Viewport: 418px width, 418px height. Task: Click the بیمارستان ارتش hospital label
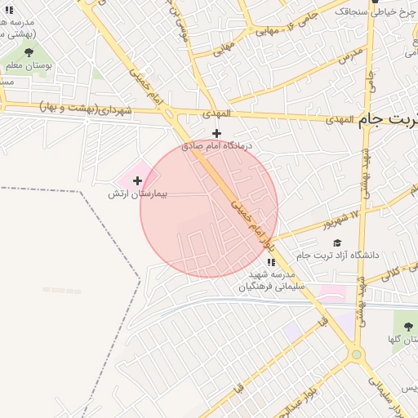tap(138, 195)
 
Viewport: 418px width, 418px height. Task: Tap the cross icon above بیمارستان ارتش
tap(137, 180)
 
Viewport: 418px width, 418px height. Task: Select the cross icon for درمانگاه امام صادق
tap(216, 133)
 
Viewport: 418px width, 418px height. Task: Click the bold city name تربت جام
tap(389, 119)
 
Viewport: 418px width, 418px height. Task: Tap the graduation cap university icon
tap(337, 242)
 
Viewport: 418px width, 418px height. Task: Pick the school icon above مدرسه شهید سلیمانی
tap(271, 262)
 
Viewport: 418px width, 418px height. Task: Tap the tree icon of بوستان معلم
tap(29, 51)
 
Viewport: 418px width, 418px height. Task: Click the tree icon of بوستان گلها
tap(404, 322)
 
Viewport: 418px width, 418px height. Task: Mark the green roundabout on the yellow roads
tap(356, 354)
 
